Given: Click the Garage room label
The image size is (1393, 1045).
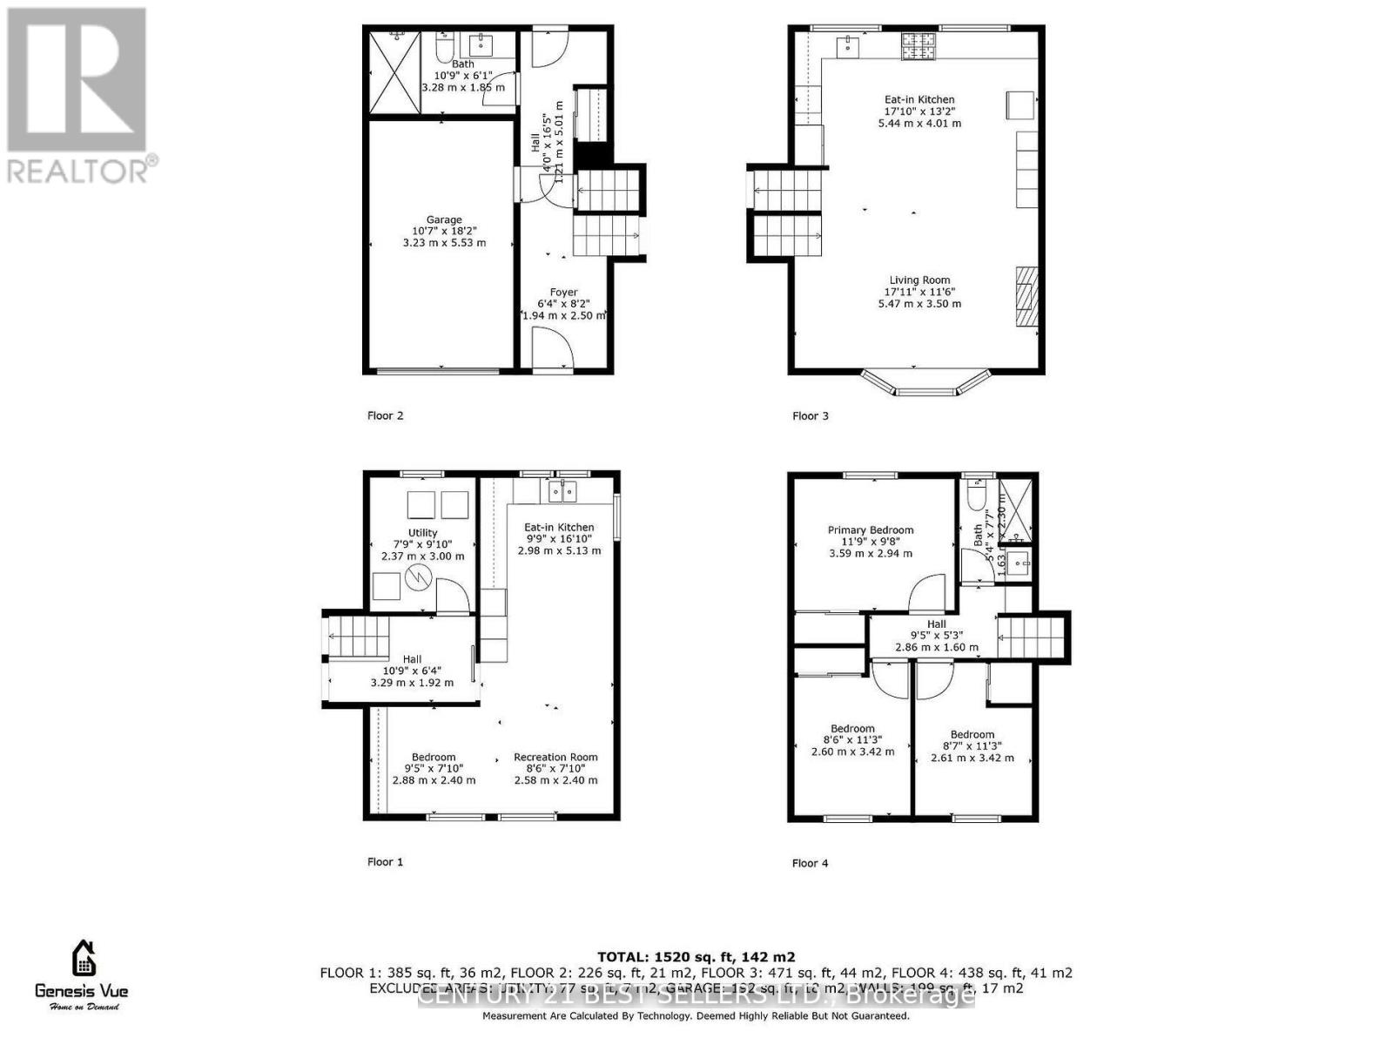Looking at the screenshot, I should click(444, 220).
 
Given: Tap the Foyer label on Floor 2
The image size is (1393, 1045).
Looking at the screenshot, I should click(563, 293).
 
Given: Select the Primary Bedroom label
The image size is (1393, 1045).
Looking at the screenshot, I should click(871, 529).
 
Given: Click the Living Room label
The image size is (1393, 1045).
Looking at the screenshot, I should click(919, 280).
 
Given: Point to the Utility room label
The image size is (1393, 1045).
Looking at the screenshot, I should click(423, 533).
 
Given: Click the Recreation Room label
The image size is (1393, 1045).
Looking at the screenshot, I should click(555, 757).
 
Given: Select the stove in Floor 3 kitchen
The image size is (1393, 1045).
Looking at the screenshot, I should click(917, 46).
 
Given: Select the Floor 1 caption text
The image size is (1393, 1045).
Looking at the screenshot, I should click(385, 862).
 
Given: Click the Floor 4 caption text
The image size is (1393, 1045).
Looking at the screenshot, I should click(810, 863).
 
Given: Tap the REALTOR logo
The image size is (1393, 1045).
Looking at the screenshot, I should click(78, 96).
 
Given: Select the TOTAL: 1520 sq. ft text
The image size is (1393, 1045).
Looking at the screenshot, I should click(696, 957).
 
